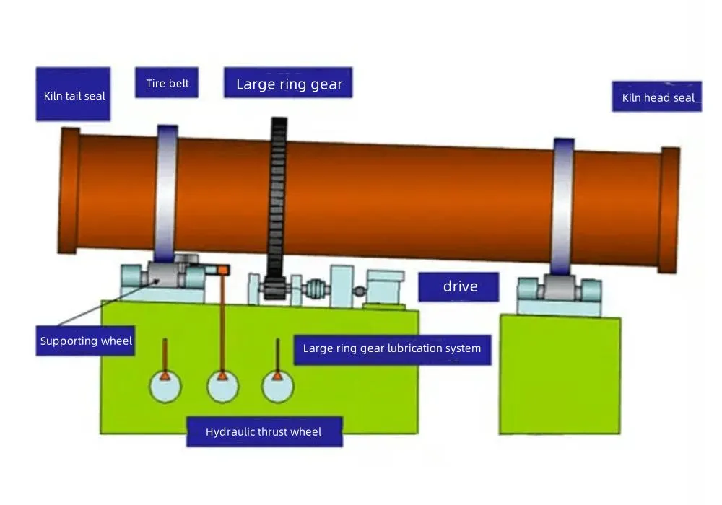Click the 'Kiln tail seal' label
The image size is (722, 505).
pyautogui.click(x=73, y=95)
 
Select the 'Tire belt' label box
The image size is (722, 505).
pyautogui.click(x=167, y=83)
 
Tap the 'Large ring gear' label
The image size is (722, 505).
pyautogui.click(x=288, y=83)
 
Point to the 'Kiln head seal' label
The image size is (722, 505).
pyautogui.click(x=657, y=97)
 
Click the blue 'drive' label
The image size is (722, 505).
pyautogui.click(x=459, y=286)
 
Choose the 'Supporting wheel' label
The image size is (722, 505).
pyautogui.click(x=86, y=341)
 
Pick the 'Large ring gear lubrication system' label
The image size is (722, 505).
pyautogui.click(x=392, y=349)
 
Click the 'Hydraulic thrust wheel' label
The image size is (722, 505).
pyautogui.click(x=264, y=431)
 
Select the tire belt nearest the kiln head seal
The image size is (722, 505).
pyautogui.click(x=563, y=206)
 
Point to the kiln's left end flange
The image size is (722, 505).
pyautogui.click(x=69, y=190)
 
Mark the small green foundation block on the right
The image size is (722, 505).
pyautogui.click(x=560, y=375)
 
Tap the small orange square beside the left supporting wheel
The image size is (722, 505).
pyautogui.click(x=223, y=270)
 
